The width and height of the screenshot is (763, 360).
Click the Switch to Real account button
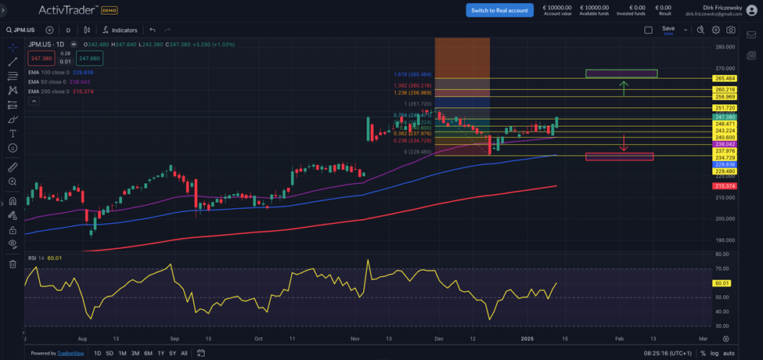(499, 10)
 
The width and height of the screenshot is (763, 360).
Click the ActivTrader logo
(68, 10)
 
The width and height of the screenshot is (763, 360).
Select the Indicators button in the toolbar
(120, 30)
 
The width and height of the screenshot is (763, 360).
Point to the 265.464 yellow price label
(725, 78)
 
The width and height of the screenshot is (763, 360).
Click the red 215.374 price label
(725, 185)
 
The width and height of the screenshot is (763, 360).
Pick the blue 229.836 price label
(725, 164)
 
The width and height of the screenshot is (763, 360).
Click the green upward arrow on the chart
(623, 87)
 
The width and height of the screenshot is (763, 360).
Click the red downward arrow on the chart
(623, 143)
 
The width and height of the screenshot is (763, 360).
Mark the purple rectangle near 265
(621, 74)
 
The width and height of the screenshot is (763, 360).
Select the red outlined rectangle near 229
(619, 157)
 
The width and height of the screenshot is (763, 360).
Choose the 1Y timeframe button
(161, 353)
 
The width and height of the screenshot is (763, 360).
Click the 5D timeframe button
(110, 353)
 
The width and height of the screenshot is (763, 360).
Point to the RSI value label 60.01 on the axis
(722, 283)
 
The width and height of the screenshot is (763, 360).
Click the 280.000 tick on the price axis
(724, 47)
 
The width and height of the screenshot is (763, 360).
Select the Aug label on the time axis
(83, 339)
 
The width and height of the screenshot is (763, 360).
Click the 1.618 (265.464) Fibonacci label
(412, 74)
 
